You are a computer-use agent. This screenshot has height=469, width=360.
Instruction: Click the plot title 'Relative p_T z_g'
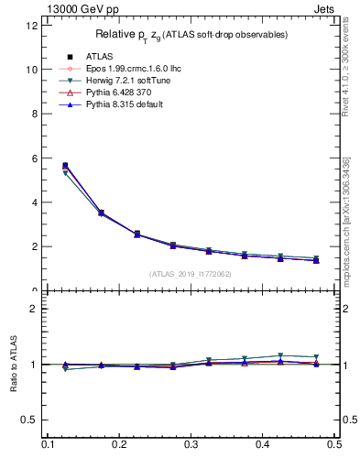click(x=191, y=35)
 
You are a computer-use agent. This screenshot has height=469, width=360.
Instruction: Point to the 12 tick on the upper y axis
click(x=32, y=26)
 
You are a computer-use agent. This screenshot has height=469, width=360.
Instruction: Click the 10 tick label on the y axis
click(x=32, y=70)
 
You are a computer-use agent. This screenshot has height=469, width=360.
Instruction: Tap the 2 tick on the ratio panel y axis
click(x=35, y=309)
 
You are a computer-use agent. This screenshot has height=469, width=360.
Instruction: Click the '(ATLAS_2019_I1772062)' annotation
click(x=191, y=273)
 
